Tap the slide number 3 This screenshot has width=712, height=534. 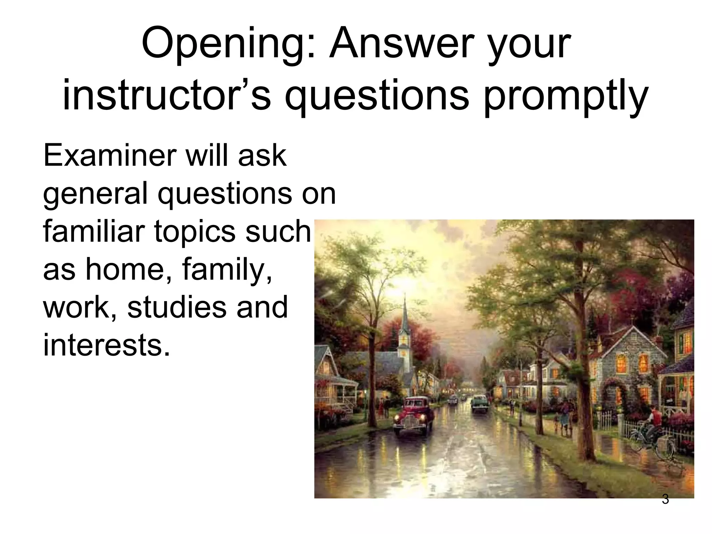pos(665,499)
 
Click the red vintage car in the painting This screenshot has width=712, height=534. pos(414,415)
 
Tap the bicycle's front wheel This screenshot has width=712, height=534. pos(639,441)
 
